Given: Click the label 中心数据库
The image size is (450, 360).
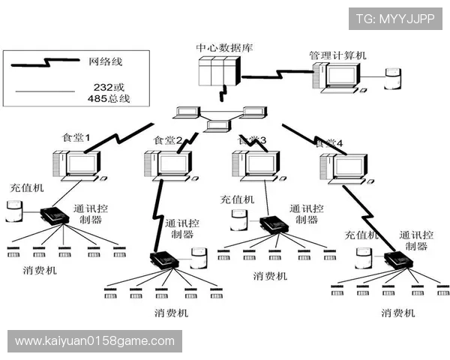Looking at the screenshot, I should coord(224,47).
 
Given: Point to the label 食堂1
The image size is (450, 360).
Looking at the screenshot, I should coord(77,138).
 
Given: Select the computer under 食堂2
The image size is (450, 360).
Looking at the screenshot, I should coord(166,166).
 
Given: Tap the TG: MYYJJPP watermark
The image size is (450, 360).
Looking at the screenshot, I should coord(394,19).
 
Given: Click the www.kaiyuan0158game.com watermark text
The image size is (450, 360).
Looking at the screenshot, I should coord(94,341).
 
